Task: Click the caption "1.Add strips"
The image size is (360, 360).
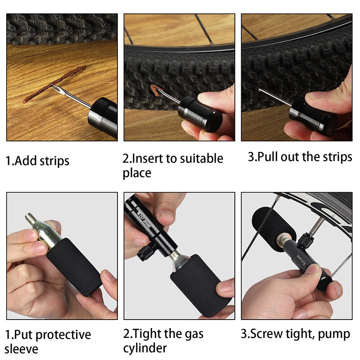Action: coord(37,161)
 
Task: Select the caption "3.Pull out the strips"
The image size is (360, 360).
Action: coord(300,157)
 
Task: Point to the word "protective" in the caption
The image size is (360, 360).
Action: coord(63,335)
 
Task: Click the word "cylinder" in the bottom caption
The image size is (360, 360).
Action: coord(145,348)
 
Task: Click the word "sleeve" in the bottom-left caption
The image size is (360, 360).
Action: coord(22,348)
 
